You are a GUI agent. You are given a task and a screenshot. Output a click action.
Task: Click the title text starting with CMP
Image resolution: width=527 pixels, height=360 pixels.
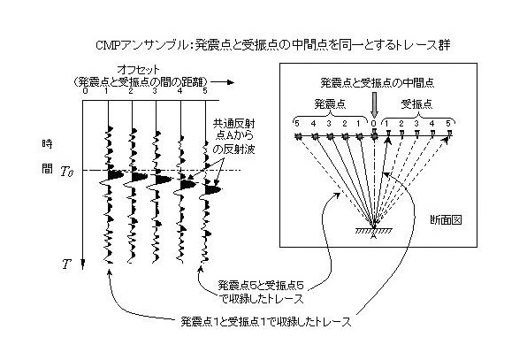[273, 45]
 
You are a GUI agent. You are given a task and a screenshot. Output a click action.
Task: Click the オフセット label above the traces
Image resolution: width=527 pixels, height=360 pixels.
[138, 70]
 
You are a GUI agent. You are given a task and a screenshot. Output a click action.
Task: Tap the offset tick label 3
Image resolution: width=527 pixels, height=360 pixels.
[155, 91]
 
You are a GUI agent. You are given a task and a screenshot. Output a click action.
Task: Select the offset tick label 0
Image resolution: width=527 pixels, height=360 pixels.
[85, 91]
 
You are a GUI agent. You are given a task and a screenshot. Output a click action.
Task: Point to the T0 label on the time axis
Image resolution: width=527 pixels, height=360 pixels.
[67, 172]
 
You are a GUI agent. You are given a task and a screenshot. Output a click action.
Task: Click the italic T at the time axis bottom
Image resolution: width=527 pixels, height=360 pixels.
[66, 264]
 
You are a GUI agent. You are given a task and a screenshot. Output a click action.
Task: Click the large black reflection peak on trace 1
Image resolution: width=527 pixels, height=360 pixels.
[116, 175]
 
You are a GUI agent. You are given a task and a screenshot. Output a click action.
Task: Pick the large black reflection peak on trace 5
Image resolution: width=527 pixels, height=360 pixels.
[213, 190]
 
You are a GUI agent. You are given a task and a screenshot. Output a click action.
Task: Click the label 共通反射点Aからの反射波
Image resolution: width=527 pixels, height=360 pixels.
[233, 136]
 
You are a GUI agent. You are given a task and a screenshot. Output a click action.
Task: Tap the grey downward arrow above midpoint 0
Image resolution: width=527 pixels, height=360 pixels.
[374, 105]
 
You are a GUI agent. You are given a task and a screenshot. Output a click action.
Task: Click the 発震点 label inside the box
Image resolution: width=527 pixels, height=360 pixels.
[330, 103]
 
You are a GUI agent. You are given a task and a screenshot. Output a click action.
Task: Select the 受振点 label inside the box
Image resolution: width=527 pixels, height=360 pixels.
[416, 103]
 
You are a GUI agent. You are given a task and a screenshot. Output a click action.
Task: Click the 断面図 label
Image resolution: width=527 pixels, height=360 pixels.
[446, 220]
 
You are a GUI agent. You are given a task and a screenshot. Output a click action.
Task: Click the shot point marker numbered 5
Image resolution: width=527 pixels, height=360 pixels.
[297, 136]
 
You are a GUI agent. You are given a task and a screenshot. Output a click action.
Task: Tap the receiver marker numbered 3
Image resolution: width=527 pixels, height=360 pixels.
[416, 134]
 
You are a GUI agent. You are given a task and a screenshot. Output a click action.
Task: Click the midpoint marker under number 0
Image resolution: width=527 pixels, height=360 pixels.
[374, 135]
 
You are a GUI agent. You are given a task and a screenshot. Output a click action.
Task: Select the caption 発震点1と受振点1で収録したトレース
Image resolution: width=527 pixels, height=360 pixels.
[266, 322]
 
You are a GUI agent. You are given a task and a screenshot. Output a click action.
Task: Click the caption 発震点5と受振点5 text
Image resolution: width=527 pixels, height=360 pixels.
[261, 286]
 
